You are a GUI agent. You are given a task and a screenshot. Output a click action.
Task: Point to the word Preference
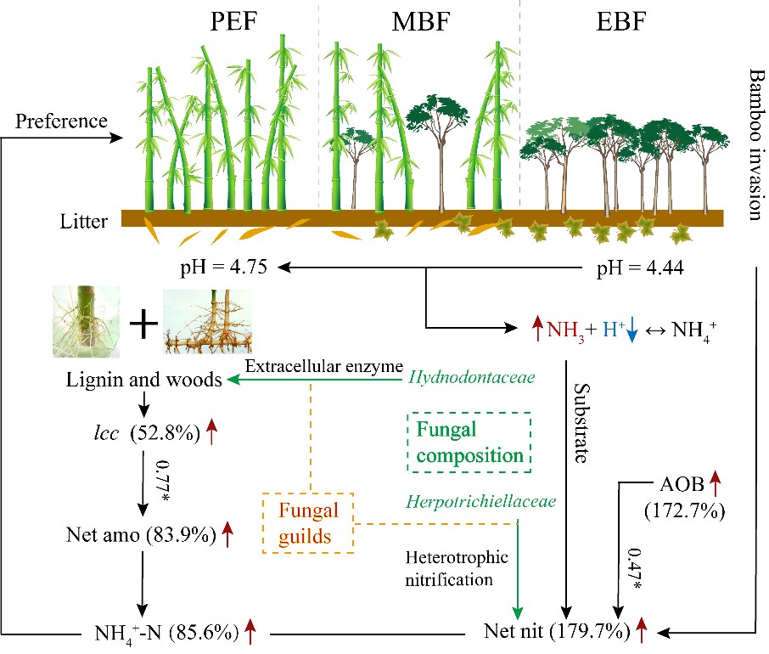(x=61, y=121)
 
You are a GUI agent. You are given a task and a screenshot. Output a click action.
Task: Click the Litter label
(x=83, y=223)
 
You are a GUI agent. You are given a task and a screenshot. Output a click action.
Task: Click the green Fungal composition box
(x=469, y=443)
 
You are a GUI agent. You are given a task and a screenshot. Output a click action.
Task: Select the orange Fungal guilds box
(x=308, y=522)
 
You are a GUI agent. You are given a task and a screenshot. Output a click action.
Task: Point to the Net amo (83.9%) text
(x=140, y=535)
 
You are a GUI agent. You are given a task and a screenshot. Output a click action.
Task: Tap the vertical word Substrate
(x=582, y=420)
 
